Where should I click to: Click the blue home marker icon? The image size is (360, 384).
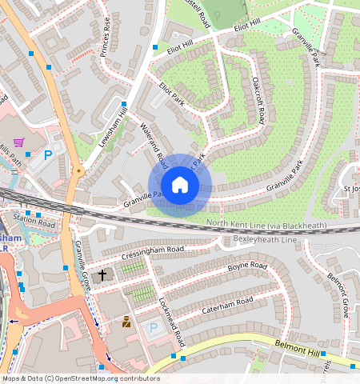pyautogui.click(x=180, y=186)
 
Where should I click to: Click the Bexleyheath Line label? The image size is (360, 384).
pyautogui.click(x=265, y=239)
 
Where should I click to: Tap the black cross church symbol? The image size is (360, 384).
pyautogui.click(x=102, y=275)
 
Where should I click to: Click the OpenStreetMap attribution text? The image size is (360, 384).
pyautogui.click(x=80, y=378)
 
